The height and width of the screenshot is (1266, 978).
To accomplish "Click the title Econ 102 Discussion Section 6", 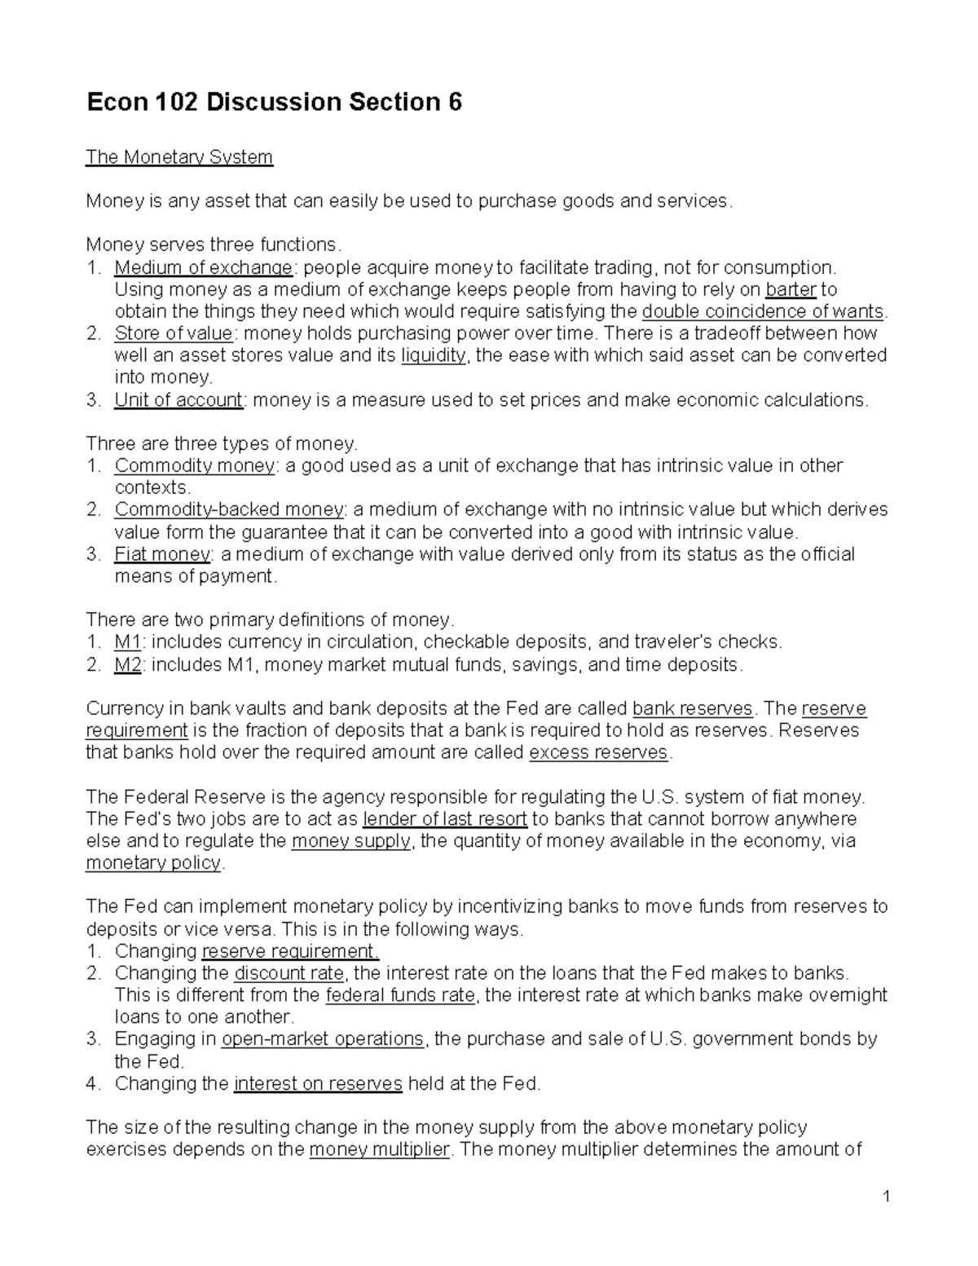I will (275, 103).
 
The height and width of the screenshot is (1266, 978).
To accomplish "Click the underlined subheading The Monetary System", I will (179, 157).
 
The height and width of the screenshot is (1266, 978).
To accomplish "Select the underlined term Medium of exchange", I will (203, 267).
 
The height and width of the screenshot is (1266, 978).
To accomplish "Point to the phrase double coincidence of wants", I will (763, 311).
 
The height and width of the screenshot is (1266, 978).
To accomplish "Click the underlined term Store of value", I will (174, 333).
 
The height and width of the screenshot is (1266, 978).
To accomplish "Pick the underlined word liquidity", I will (434, 355).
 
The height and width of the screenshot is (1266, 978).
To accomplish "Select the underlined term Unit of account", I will (178, 399).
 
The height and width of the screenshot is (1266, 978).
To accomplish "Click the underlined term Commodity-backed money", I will (229, 509).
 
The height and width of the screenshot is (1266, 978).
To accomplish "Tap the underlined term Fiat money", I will (162, 554).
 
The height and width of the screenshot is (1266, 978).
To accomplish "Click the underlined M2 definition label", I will (128, 664).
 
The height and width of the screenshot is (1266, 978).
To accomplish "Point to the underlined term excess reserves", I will (598, 752).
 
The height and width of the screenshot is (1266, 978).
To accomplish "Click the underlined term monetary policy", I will (153, 862).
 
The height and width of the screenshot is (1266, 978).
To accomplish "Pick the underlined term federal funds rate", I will (399, 995).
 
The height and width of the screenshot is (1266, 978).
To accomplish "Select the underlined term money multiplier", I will (380, 1149).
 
